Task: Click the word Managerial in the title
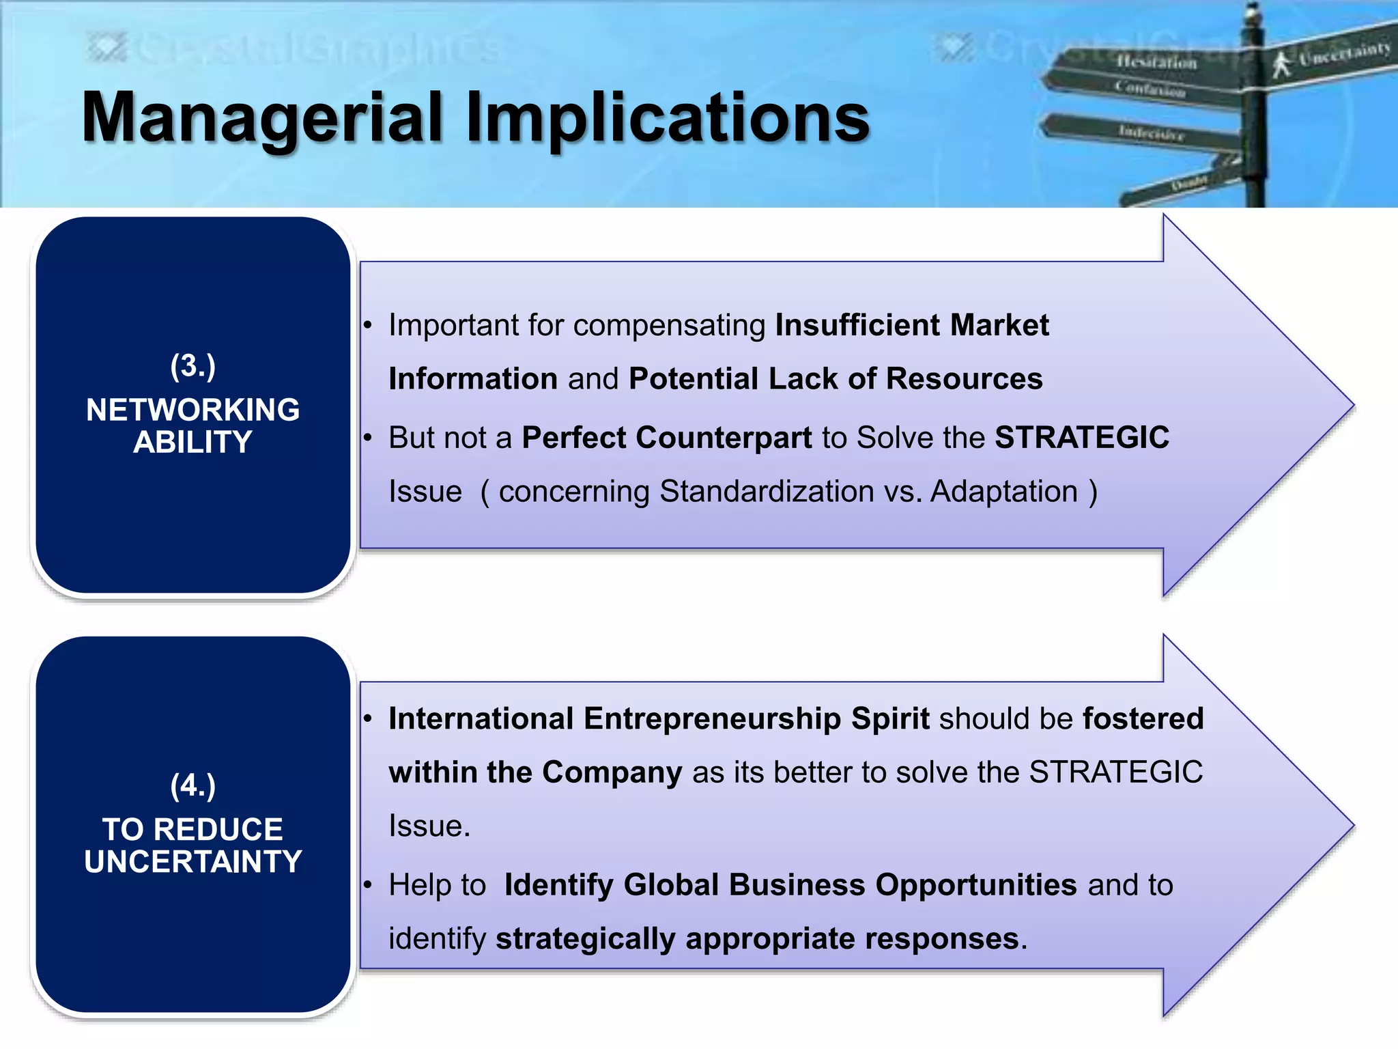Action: coord(263,117)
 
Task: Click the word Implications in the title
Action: coord(668,117)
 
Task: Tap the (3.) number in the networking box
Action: coord(193,366)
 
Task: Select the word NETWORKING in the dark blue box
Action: coord(193,410)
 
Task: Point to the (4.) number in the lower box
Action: coord(193,785)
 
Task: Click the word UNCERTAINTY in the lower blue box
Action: coord(193,862)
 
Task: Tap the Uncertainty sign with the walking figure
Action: coord(1331,58)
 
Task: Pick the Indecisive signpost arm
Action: coord(1147,132)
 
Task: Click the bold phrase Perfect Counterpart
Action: coord(667,438)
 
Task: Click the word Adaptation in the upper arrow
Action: coord(1003,492)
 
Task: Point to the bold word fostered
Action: coord(1143,719)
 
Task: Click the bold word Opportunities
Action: coord(976,885)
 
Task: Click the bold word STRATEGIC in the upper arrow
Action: coord(1082,438)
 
